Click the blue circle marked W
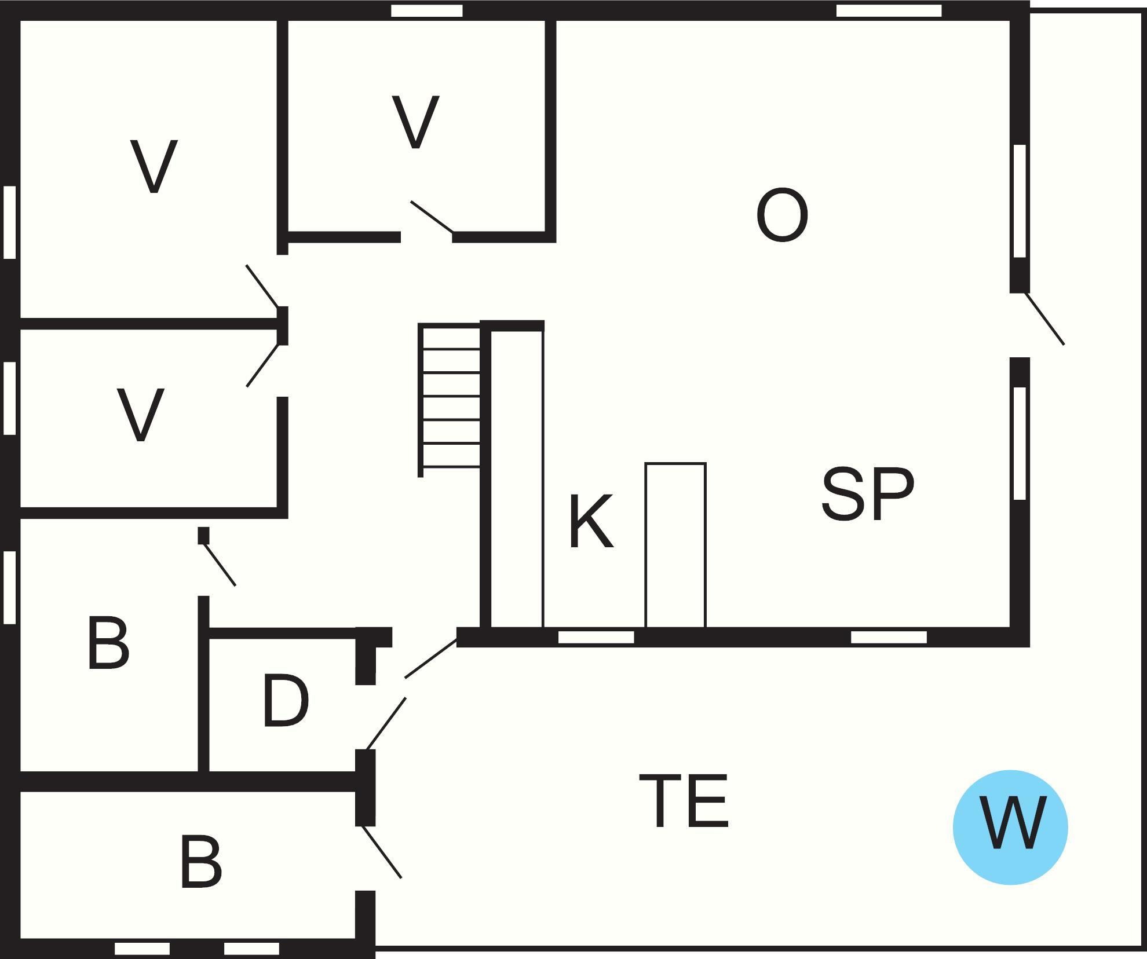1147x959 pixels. pos(1010,826)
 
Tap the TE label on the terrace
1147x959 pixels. pos(684,801)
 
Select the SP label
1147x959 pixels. pos(868,494)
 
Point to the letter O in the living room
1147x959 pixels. pos(782,215)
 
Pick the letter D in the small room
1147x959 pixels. pos(286,701)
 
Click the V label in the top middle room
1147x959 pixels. pos(415,122)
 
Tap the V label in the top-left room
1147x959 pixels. pos(154,166)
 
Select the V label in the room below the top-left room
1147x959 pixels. pos(141,415)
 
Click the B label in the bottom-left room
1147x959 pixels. pos(201,861)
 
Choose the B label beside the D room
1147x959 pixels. pos(108,643)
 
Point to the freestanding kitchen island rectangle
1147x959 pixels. pos(675,545)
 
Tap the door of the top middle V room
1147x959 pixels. pos(432,217)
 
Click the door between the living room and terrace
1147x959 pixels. pos(1044,319)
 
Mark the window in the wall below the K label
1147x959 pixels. pos(596,637)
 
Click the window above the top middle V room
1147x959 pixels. pos(427,10)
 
